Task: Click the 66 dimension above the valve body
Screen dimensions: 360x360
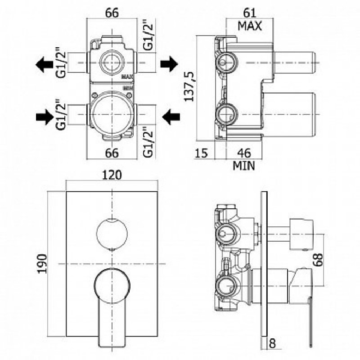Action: [x=112, y=13]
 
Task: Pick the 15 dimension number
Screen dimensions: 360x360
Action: [x=202, y=153]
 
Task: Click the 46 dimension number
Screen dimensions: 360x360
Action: [x=243, y=153]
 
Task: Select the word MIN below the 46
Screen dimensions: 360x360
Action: [x=243, y=166]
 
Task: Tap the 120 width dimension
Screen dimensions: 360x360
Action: [x=112, y=175]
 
